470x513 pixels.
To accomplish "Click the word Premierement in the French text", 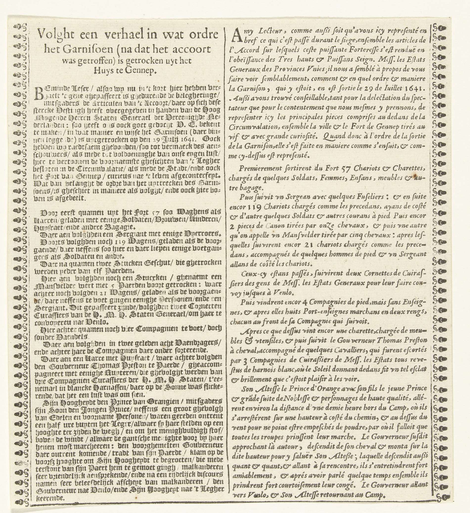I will pyautogui.click(x=260, y=169).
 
